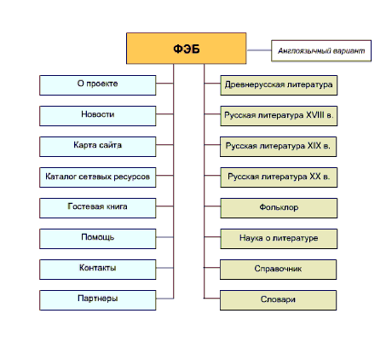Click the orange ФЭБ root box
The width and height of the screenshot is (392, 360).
[x=187, y=49]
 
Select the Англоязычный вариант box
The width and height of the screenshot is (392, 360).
[x=321, y=50]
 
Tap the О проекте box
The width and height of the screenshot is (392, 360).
[x=98, y=85]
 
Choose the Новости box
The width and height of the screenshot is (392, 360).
[x=98, y=116]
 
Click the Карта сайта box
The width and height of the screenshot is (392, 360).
[x=98, y=147]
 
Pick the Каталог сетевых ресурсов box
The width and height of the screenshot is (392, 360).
[x=98, y=177]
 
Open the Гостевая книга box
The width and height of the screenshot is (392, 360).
[x=98, y=208]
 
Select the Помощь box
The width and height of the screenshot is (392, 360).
[x=98, y=239]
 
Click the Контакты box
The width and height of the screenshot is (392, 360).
[x=98, y=270]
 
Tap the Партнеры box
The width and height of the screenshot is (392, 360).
[x=98, y=300]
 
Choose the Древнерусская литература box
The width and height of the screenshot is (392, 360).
[x=279, y=85]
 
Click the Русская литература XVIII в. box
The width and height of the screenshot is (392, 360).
[x=279, y=116]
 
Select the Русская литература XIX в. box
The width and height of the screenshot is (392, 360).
[x=279, y=147]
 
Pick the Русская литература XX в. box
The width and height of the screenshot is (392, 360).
[x=279, y=177]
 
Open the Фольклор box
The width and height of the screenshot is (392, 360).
[x=279, y=208]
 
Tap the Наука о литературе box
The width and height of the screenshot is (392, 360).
[x=279, y=239]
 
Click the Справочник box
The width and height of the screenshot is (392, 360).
[x=279, y=270]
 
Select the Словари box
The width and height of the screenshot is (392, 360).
[x=279, y=300]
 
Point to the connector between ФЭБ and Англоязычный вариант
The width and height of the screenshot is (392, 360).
[x=259, y=50]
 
